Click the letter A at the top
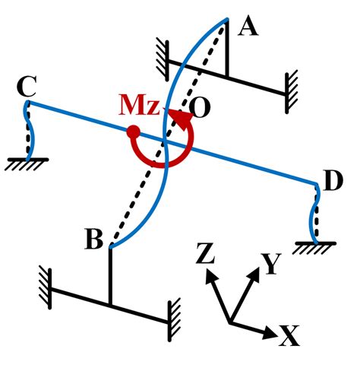(x=248, y=27)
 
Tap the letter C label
(x=26, y=87)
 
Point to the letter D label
(x=333, y=182)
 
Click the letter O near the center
(x=201, y=108)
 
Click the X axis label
(x=288, y=336)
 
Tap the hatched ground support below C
(x=27, y=163)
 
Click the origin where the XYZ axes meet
(x=230, y=322)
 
